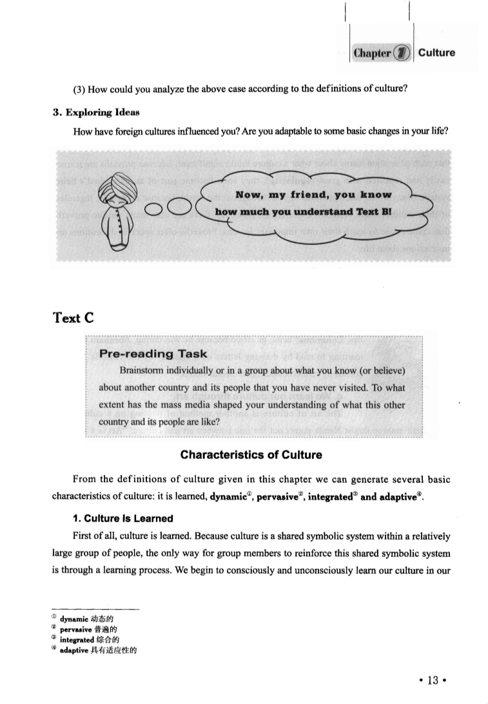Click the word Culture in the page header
(436, 53)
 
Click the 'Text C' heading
(74, 317)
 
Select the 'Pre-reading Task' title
(153, 353)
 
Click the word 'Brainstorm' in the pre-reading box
(142, 371)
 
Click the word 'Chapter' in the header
(373, 54)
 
